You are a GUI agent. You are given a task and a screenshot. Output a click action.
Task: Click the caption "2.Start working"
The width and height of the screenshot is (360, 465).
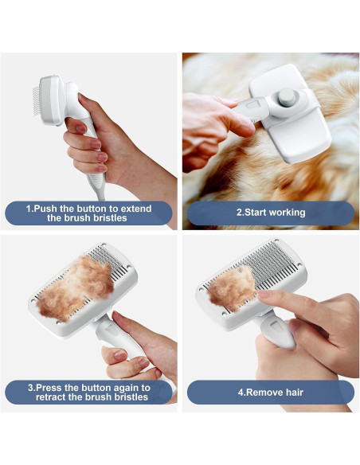coord(271,213)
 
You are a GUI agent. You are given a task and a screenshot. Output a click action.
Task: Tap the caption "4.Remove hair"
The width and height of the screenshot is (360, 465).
coord(271,392)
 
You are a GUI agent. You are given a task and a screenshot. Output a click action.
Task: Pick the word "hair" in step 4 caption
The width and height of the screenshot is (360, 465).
coord(290,392)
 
